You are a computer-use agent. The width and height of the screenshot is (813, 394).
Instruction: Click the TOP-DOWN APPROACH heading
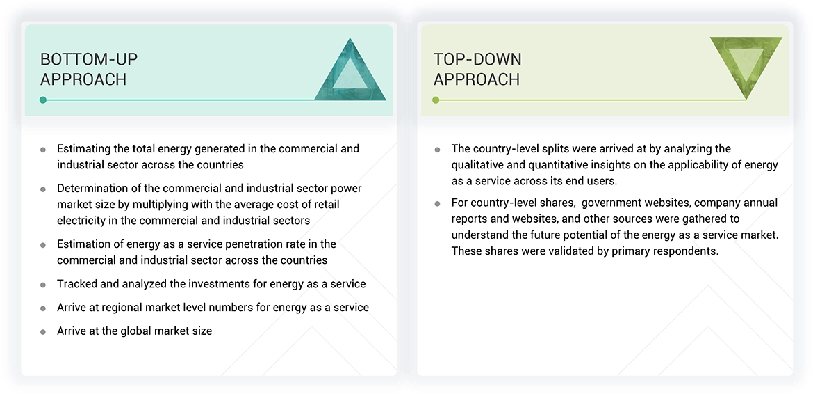[x=477, y=69]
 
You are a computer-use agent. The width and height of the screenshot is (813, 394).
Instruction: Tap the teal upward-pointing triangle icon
[x=350, y=72]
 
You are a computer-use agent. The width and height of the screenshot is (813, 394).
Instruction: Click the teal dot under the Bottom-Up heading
[x=43, y=100]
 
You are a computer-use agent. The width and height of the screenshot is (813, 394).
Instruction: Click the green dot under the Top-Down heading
[x=436, y=100]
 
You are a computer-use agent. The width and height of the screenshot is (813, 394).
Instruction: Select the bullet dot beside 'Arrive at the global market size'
[x=43, y=332]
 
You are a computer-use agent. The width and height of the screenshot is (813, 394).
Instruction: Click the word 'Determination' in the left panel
[x=92, y=189]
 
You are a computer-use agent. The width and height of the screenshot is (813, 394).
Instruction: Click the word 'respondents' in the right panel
[x=687, y=251]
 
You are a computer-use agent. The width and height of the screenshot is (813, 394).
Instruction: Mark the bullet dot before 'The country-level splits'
[x=437, y=150]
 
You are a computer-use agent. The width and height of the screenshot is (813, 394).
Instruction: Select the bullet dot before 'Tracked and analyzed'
[x=43, y=285]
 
